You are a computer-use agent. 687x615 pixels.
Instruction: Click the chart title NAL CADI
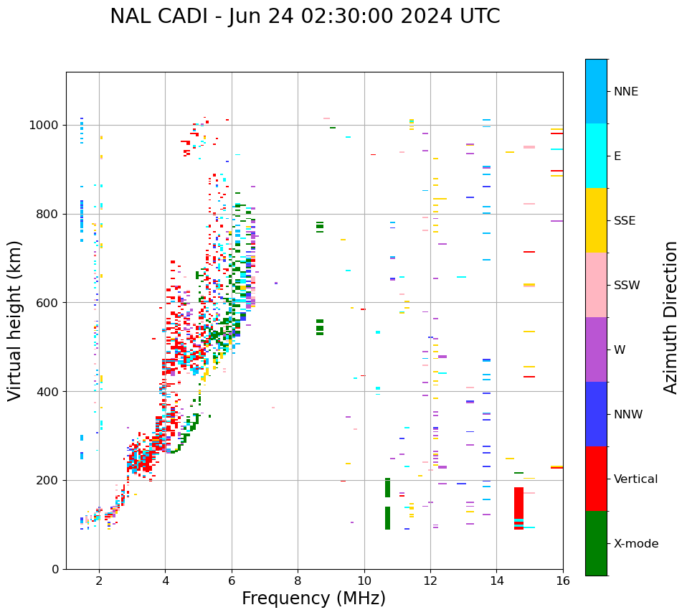305,17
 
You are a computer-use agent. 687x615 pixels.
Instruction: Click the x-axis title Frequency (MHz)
313,598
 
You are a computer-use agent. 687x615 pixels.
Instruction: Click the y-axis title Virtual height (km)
15,320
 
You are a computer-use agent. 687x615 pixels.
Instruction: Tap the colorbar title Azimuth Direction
671,317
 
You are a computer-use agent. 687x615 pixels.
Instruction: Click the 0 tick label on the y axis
55,569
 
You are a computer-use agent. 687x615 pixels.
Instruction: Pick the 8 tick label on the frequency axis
298,581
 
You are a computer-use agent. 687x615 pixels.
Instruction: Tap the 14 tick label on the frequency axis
496,581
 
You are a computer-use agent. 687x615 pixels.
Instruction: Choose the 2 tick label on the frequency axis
99,581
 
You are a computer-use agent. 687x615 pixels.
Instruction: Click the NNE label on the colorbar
625,92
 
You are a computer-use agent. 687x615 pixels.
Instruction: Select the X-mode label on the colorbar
635,543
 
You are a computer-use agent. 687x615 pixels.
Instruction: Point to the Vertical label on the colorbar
635,479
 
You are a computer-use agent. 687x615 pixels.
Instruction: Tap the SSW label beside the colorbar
626,285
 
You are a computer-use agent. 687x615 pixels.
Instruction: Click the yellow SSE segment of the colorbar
596,220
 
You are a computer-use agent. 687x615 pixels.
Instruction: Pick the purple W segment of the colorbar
596,349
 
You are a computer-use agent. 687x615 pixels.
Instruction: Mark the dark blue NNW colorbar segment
596,414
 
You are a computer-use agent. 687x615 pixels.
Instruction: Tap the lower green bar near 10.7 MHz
387,518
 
